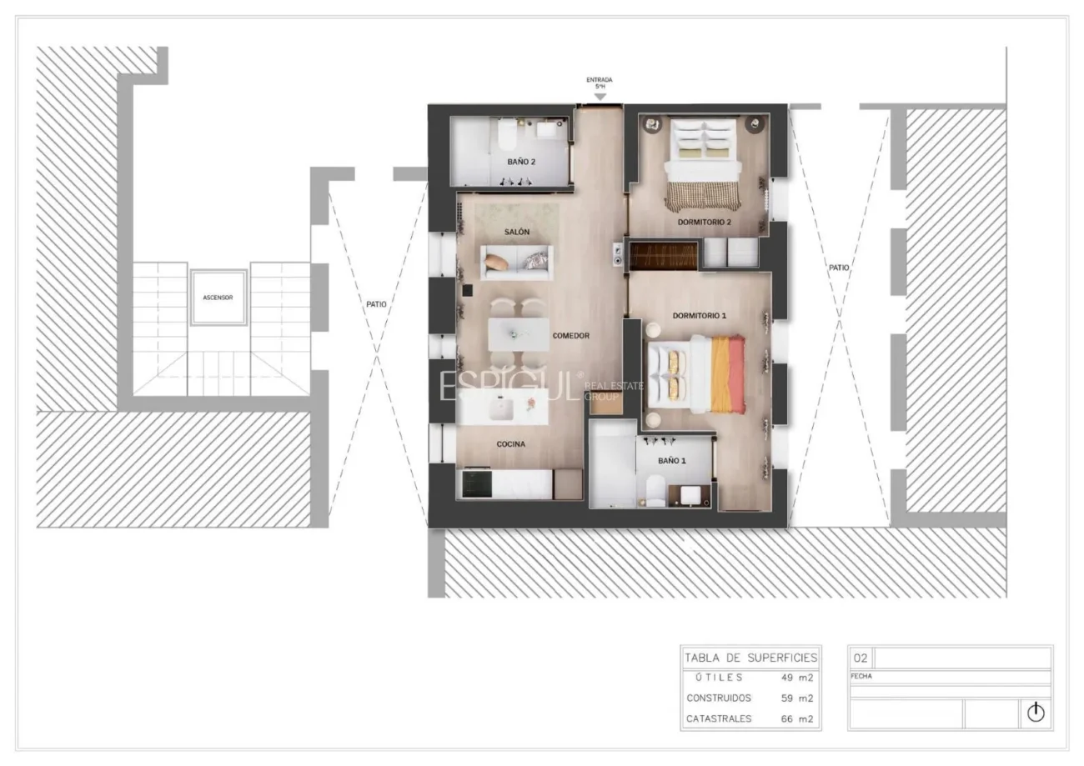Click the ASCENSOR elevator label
(x=218, y=298)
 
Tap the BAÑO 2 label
(x=521, y=162)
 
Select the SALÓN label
(x=517, y=232)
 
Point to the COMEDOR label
(x=571, y=336)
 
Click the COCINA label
(x=510, y=444)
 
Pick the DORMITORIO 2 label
(x=704, y=222)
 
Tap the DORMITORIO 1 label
(x=700, y=316)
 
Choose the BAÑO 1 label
(x=672, y=461)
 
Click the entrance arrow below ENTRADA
(x=600, y=97)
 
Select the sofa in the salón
(x=517, y=263)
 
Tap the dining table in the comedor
(x=519, y=334)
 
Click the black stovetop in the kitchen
(x=477, y=483)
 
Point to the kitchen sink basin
(x=501, y=409)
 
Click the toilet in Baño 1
(x=655, y=490)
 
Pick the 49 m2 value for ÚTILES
(x=796, y=678)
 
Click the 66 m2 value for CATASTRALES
(x=796, y=719)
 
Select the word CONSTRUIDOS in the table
(x=719, y=698)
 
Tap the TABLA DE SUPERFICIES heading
(x=750, y=658)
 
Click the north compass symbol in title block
(x=1036, y=713)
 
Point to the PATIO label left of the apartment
(x=376, y=304)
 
